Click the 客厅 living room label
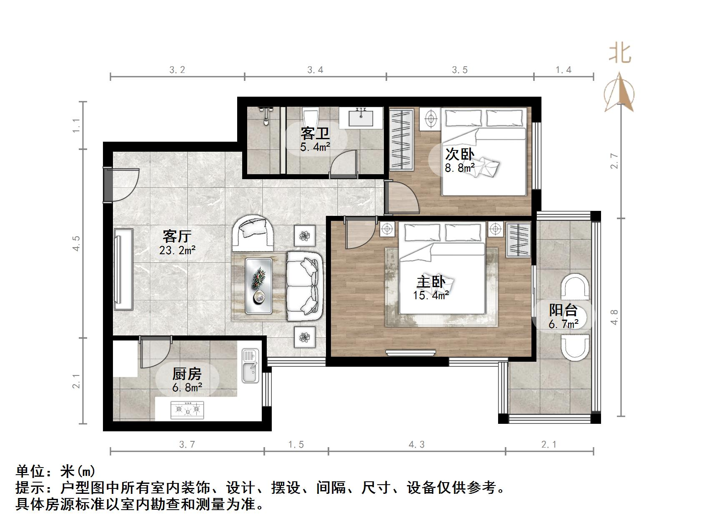coord(177,236)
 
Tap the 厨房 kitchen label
coord(187,374)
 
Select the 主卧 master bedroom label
coord(431,282)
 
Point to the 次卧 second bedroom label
coord(460,154)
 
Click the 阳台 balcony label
coord(563,310)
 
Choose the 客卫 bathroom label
coord(315,134)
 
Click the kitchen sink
coord(250,366)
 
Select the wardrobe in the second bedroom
coord(402,139)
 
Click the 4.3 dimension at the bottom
coord(416,445)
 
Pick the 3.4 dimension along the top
coord(315,70)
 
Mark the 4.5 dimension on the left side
coord(76,243)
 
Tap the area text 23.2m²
coord(177,250)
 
